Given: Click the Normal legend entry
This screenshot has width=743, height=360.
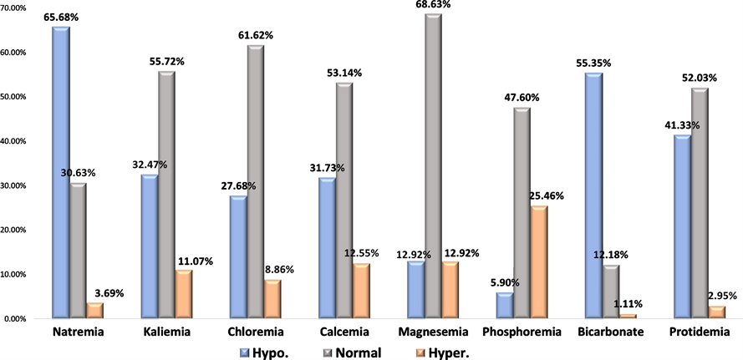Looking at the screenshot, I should click(355, 352).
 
